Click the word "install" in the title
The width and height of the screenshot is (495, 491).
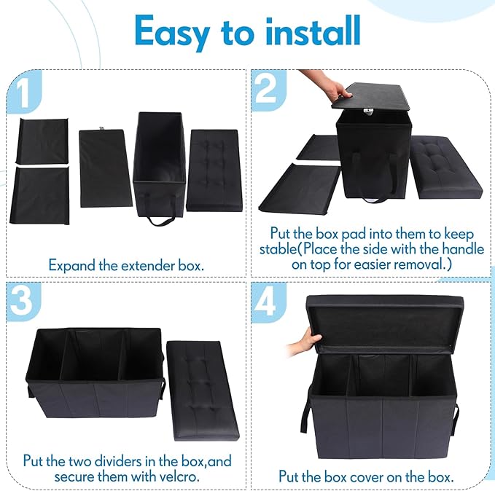305,31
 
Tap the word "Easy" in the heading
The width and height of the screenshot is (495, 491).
173,33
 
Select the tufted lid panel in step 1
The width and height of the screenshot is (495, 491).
212,169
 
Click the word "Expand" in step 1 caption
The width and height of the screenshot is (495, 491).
70,264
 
